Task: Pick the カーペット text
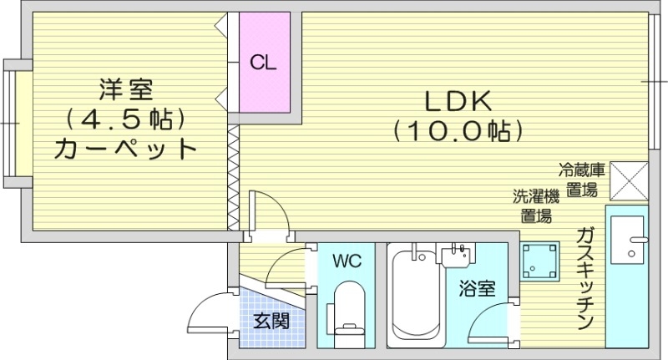pos(125,150)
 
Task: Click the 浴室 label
pos(478,290)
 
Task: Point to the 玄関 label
pos(271,320)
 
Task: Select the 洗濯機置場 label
pos(535,206)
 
